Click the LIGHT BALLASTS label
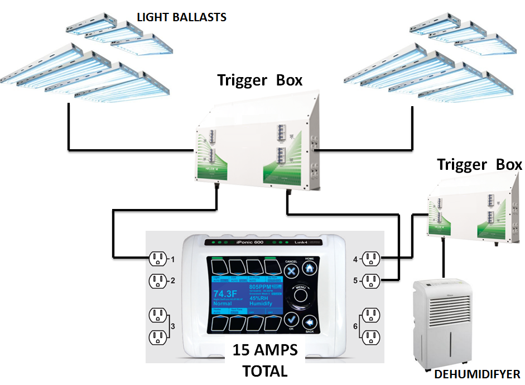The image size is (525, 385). coord(182,17)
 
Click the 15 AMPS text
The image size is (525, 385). coord(265,351)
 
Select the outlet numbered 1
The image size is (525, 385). coord(158,259)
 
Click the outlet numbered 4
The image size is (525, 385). coord(370,259)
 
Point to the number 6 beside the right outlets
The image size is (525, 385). coord(355,326)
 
